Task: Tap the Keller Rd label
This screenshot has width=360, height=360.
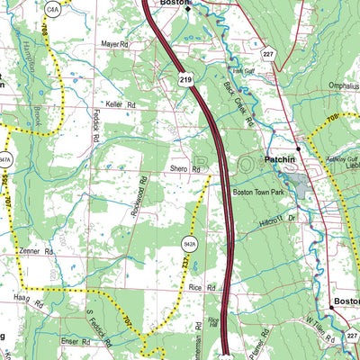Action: (118, 105)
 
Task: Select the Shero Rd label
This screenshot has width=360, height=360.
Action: (183, 168)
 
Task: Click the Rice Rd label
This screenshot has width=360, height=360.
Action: (203, 288)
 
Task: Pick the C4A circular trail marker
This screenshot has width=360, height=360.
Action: (53, 8)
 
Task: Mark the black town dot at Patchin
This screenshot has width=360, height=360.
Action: (297, 148)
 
